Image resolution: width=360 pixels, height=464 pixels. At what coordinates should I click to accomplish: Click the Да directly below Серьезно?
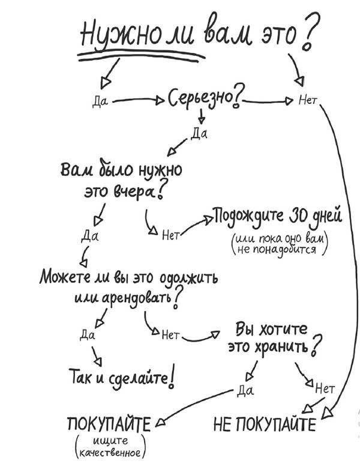pos(198,133)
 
